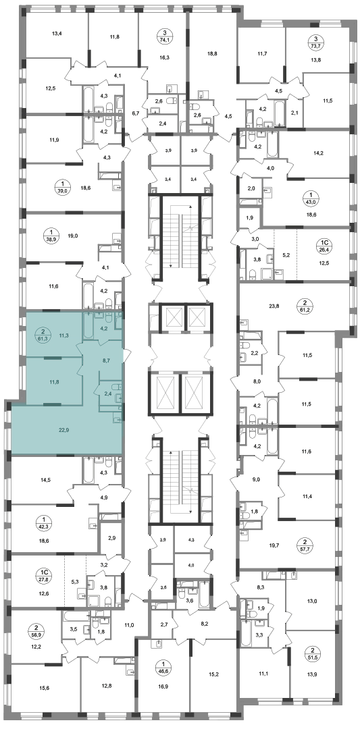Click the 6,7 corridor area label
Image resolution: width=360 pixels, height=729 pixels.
[136, 113]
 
